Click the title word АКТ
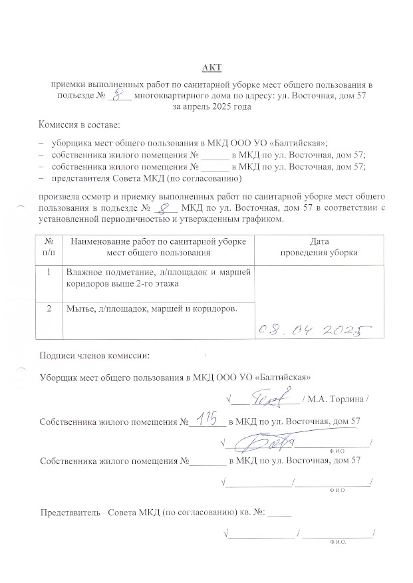pyautogui.click(x=211, y=68)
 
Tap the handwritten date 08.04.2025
pyautogui.click(x=313, y=329)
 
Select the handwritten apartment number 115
pyautogui.click(x=208, y=417)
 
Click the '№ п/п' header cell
pyautogui.click(x=49, y=247)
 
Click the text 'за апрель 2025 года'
pyautogui.click(x=211, y=106)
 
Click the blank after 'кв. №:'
pyautogui.click(x=280, y=513)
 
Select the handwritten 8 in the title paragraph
pyautogui.click(x=119, y=96)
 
